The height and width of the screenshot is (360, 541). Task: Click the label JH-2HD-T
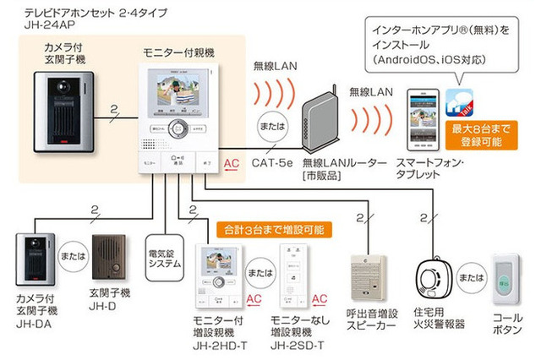tap(219, 345)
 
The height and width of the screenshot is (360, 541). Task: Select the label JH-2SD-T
tap(296, 345)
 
